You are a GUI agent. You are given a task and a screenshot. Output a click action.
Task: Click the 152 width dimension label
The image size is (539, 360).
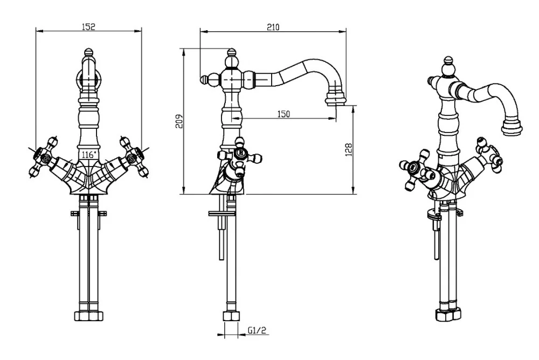pos(88,26)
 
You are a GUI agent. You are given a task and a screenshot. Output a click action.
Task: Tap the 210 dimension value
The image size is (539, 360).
pos(273,27)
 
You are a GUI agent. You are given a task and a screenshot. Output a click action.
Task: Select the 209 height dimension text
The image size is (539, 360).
pos(179,121)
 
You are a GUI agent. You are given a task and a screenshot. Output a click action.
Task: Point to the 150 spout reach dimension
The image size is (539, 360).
pos(284,114)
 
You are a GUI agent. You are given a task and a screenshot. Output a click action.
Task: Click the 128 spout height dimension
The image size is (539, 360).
pos(349,150)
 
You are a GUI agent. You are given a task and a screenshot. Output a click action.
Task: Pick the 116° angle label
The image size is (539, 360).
pos(88,155)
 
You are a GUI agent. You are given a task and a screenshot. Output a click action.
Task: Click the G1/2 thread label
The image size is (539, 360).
pos(257,330)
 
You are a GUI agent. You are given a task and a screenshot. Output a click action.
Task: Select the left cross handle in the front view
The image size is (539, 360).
pos(43,157)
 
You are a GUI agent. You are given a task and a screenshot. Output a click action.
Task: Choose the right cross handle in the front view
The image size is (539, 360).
pos(134,157)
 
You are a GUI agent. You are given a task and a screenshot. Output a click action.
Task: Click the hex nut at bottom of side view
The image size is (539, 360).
pos(231,316)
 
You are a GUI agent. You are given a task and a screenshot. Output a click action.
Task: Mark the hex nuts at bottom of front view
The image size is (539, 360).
pos(89,316)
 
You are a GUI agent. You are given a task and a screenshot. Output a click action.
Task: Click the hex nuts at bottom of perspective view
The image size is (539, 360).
pos(448,315)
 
